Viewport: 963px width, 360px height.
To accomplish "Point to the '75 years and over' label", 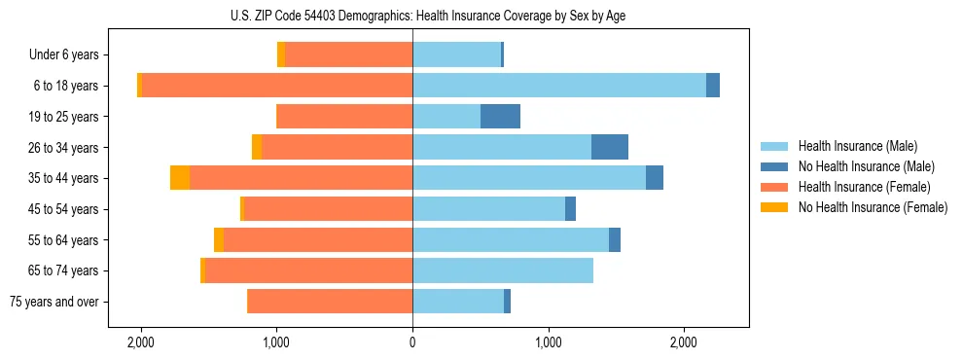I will (53, 302).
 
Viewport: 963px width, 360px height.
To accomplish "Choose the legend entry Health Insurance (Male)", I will (857, 146).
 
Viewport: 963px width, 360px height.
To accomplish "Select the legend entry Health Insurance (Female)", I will (864, 187).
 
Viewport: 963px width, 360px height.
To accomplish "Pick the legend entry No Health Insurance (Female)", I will (873, 207).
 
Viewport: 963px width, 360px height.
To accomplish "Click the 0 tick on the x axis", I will (412, 342).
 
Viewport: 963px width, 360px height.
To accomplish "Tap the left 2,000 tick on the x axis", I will (141, 342).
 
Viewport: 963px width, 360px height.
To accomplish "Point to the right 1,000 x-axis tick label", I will (549, 342).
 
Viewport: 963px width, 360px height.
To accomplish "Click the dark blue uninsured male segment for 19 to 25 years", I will (500, 117).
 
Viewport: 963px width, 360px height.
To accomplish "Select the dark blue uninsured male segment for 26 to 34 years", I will (610, 147).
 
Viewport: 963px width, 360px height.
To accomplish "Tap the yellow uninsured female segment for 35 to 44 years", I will (180, 178).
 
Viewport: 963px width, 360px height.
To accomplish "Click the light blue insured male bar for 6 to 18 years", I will (559, 86).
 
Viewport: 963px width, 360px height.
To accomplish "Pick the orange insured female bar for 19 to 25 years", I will (344, 117).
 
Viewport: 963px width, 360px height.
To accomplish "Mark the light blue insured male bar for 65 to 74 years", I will (503, 270).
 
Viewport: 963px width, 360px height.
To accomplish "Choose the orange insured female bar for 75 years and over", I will (330, 302).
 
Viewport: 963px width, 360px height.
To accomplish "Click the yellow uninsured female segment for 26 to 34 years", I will (257, 147).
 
